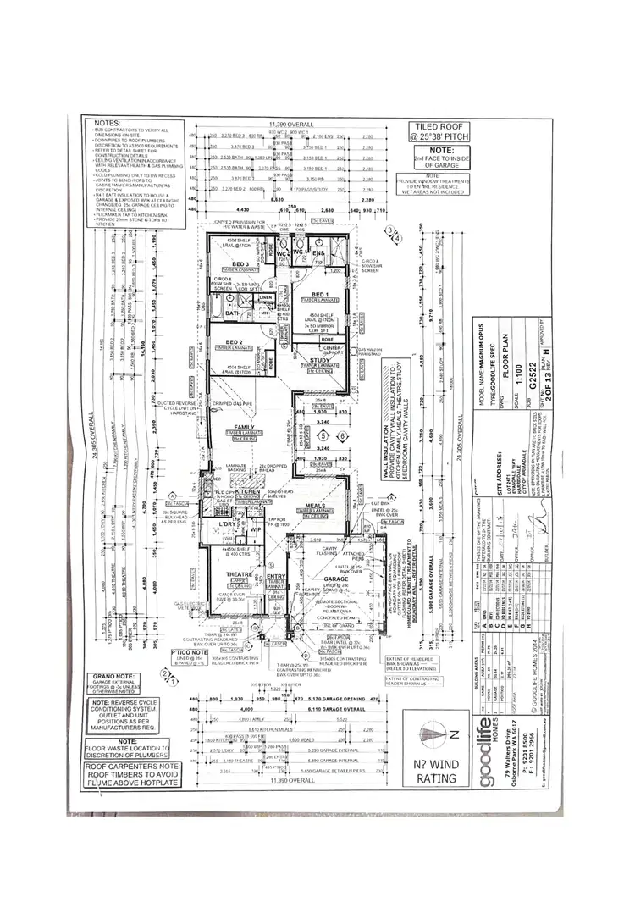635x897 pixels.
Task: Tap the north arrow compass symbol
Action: [x=446, y=733]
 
